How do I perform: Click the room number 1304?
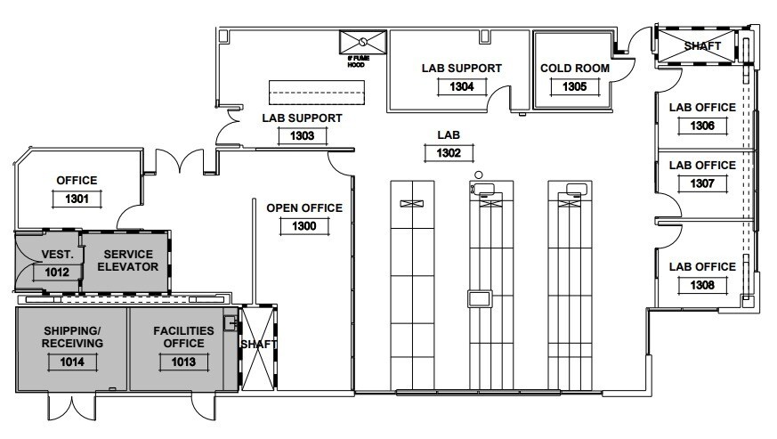click(x=462, y=86)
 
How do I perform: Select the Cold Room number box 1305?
click(x=575, y=86)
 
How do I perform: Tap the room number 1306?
click(x=702, y=126)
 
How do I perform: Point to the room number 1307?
click(x=702, y=183)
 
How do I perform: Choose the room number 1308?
click(x=702, y=285)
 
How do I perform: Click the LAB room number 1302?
click(x=448, y=153)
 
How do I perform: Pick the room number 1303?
click(x=302, y=136)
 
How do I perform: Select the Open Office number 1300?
click(x=304, y=227)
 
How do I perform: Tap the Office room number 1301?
click(x=77, y=199)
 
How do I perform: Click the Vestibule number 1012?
click(x=52, y=272)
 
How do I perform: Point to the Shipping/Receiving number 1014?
click(x=73, y=362)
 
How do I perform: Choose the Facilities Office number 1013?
click(x=183, y=362)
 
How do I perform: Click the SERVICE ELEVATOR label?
click(x=128, y=260)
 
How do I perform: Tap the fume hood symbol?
click(x=363, y=42)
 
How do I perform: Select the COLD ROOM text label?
click(x=575, y=68)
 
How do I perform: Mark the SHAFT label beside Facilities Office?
click(x=258, y=345)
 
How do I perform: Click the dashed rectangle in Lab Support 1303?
click(x=317, y=93)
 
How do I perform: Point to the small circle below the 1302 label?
click(x=479, y=174)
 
